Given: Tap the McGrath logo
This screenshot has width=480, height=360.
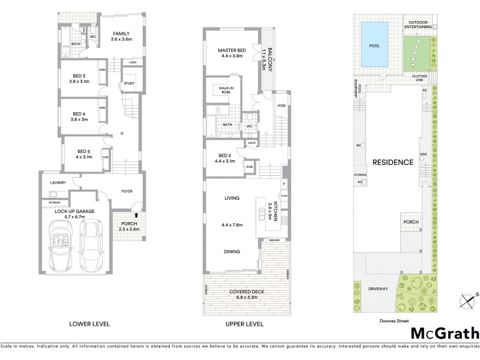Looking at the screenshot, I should pos(445,333).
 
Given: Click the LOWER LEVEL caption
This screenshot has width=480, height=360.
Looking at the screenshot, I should pos(89,324).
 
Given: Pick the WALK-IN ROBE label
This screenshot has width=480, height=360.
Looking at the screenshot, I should pos(226,91).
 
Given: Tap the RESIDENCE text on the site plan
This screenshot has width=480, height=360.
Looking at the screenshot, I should pos(392,162).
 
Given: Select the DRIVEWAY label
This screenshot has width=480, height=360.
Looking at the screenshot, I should pos(379,289).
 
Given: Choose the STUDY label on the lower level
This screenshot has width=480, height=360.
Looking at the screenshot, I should pos(128,83).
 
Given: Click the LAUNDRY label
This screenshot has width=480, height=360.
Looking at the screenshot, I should pos(58,182).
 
